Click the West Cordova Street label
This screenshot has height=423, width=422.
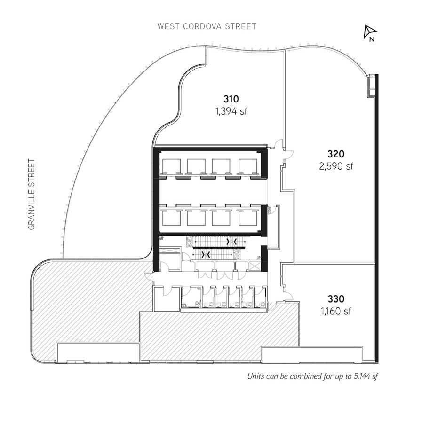207,26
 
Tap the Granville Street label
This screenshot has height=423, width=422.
32,194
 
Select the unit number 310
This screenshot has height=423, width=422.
231,99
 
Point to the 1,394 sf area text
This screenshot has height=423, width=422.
231,111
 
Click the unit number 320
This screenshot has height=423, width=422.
336,154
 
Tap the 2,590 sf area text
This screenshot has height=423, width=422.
336,166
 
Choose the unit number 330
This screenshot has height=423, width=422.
336,299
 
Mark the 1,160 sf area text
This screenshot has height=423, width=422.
336,311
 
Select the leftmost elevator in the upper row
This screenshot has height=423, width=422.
170,166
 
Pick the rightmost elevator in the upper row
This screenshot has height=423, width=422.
247,166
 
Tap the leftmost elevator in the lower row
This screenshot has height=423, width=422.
170,218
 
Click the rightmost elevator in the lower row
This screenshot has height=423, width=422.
247,218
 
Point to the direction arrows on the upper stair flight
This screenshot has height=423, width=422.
231,242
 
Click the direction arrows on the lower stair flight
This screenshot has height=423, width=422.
206,254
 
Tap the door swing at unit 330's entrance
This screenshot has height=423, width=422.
288,296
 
